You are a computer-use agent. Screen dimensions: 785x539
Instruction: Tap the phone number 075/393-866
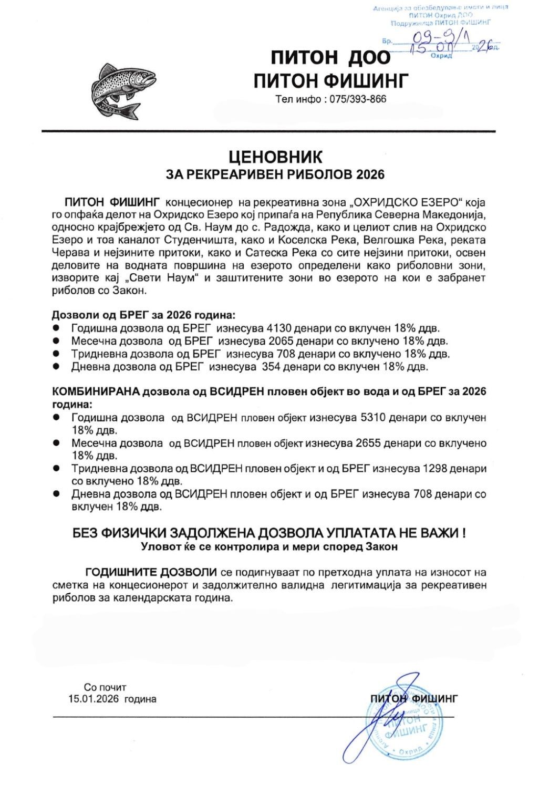click(357, 99)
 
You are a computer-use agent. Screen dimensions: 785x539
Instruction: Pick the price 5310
click(374, 418)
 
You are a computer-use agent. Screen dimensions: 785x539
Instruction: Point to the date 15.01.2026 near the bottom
click(94, 699)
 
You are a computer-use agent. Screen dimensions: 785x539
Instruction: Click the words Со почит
click(105, 687)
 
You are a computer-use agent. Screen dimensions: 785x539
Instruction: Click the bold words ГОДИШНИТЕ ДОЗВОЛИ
click(151, 572)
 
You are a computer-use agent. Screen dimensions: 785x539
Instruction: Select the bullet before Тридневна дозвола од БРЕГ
click(56, 354)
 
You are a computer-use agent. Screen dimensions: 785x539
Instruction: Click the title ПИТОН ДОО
click(330, 58)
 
